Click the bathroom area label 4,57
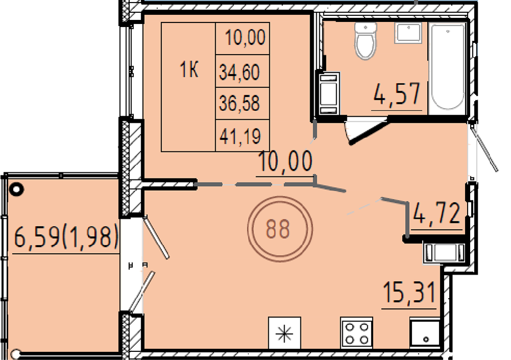click(397, 94)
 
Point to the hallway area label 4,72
click(437, 214)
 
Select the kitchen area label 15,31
click(409, 292)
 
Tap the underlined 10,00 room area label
click(285, 162)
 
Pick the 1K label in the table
click(189, 70)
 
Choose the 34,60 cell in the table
click(240, 72)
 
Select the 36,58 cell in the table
click(240, 103)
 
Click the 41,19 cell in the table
click(240, 136)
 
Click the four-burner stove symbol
click(357, 333)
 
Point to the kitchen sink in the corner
click(425, 333)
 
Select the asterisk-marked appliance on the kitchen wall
click(285, 333)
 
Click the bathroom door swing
click(366, 132)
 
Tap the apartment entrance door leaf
click(483, 147)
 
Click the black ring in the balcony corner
click(16, 189)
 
